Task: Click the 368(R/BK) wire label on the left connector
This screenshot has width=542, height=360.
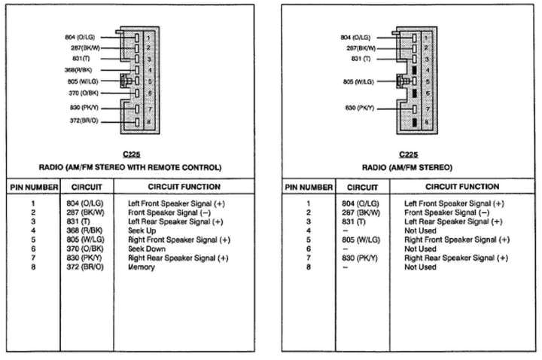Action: (x=83, y=69)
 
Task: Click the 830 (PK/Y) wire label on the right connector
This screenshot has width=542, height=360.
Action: (x=358, y=108)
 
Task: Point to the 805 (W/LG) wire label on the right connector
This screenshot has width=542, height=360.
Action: (x=358, y=81)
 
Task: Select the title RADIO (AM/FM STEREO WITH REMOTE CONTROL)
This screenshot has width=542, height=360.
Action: (x=130, y=166)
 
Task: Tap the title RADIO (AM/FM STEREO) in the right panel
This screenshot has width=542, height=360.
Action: (x=407, y=166)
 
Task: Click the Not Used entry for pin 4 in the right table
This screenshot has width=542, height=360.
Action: (x=420, y=231)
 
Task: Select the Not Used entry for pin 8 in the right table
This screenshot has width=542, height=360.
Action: (x=420, y=267)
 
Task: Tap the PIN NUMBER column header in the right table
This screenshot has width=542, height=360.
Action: (x=307, y=187)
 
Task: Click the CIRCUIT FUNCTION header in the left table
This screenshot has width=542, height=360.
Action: (x=184, y=187)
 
